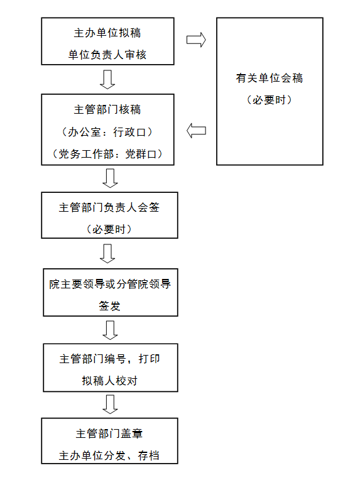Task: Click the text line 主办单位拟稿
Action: click(107, 33)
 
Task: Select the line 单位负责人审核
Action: click(107, 55)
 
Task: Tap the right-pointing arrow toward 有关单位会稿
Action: click(196, 40)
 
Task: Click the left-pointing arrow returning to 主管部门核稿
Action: click(196, 131)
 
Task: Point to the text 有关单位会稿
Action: click(270, 78)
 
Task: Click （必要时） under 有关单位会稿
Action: click(270, 100)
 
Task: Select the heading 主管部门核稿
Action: click(107, 109)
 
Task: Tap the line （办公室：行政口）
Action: click(107, 132)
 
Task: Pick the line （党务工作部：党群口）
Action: click(107, 154)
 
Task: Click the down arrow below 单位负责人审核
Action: click(107, 80)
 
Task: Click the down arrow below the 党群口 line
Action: click(110, 178)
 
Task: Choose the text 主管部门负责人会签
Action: click(109, 207)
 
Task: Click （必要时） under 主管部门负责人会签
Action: click(109, 229)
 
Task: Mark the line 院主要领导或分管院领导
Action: click(110, 284)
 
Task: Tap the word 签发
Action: click(109, 306)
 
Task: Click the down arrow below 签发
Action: click(110, 330)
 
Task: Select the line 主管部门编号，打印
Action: click(110, 359)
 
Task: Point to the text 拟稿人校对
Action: click(110, 381)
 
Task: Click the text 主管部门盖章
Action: click(109, 433)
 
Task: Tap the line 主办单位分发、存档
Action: click(109, 455)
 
